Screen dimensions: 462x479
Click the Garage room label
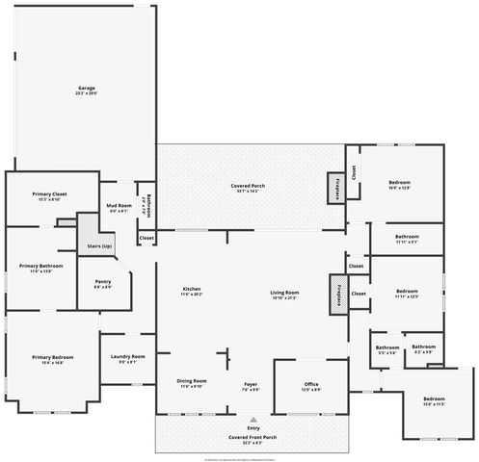pyautogui.click(x=87, y=90)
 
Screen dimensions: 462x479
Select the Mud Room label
pyautogui.click(x=118, y=208)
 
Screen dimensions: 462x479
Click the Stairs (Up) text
pyautogui.click(x=100, y=246)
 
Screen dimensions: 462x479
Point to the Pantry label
pyautogui.click(x=103, y=284)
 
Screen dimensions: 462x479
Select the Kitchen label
pyautogui.click(x=192, y=293)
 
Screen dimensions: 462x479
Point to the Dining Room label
pyautogui.click(x=192, y=383)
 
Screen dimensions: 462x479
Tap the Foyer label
pyautogui.click(x=249, y=387)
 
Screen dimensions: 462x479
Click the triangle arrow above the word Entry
pyautogui.click(x=253, y=420)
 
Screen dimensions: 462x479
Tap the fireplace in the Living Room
pyautogui.click(x=338, y=291)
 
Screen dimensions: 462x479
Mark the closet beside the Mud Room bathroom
pyautogui.click(x=146, y=237)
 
